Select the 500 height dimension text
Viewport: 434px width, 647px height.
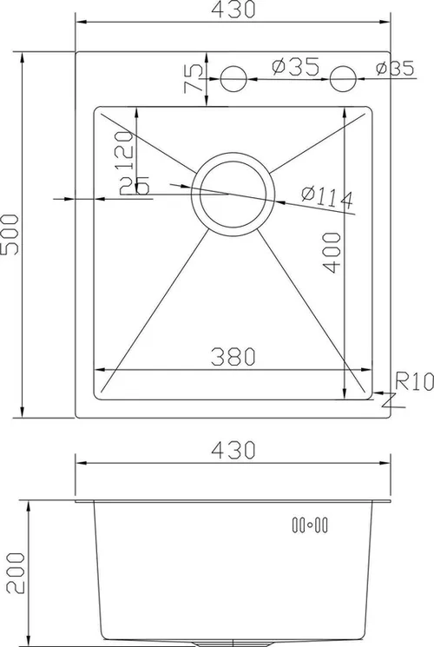tap(11, 234)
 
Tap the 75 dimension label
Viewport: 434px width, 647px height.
tap(194, 79)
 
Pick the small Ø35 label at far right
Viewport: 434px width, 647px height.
tap(395, 69)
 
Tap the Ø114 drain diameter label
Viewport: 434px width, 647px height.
tap(326, 197)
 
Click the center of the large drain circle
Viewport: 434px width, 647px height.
tap(231, 194)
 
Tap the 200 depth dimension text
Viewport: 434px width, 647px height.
tap(11, 573)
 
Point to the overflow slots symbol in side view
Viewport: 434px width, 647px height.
tap(309, 524)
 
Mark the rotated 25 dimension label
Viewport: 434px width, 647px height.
tap(138, 185)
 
